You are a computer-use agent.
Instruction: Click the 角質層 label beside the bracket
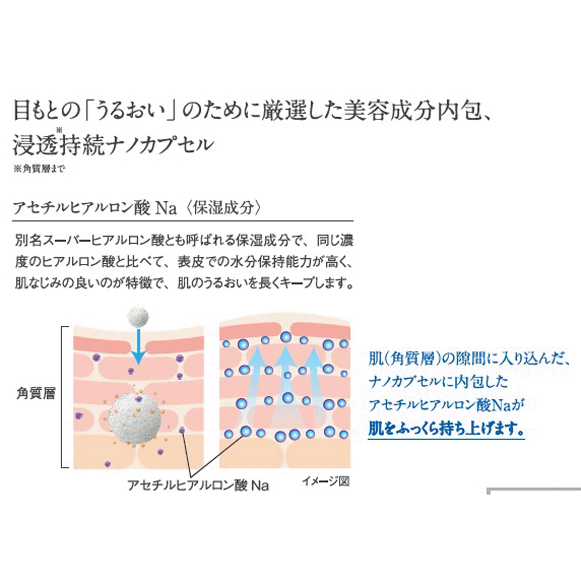tap(36, 394)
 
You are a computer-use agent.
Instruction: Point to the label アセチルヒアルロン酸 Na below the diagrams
tap(198, 485)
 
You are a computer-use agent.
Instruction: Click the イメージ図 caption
tap(326, 481)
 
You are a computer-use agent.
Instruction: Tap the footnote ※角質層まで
tap(39, 169)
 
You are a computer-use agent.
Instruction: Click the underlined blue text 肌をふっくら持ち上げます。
tap(446, 428)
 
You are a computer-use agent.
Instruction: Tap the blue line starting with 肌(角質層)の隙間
tap(469, 359)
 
